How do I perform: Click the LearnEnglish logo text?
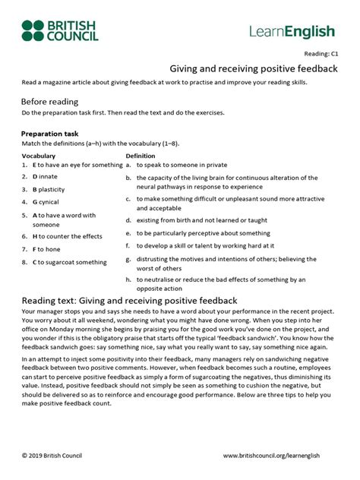pyautogui.click(x=292, y=31)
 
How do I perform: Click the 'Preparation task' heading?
pyautogui.click(x=53, y=134)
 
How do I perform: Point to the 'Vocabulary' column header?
pyautogui.click(x=39, y=155)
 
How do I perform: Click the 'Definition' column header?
pyautogui.click(x=141, y=155)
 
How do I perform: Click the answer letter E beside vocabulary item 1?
pyautogui.click(x=34, y=164)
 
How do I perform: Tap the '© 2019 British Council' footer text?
pyautogui.click(x=52, y=455)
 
